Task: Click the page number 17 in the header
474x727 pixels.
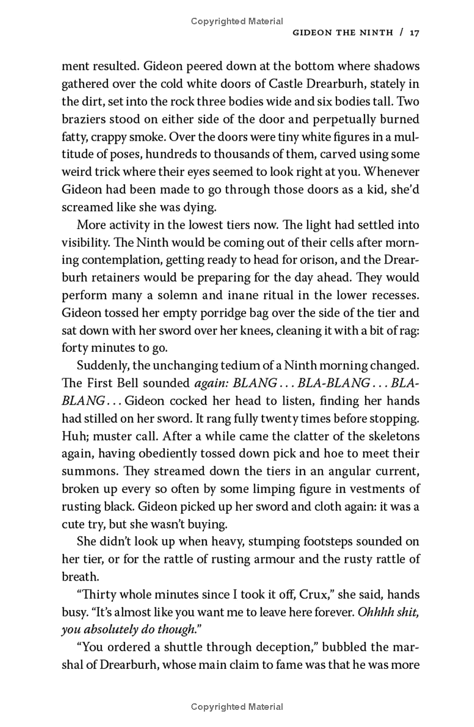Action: pyautogui.click(x=414, y=33)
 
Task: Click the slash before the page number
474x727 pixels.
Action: pyautogui.click(x=401, y=33)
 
